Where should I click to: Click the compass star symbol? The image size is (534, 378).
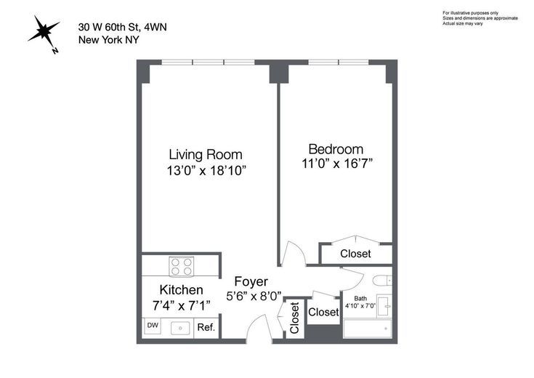[43, 32]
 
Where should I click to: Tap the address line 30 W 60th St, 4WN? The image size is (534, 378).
[123, 28]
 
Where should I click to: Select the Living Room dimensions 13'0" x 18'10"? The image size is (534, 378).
[206, 170]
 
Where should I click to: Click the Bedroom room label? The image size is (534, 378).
[336, 149]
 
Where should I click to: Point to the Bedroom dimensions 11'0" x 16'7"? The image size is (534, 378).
[337, 164]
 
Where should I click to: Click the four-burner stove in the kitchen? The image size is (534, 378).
[182, 266]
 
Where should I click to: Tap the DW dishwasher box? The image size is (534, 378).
[153, 326]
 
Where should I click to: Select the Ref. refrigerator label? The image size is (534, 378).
[206, 327]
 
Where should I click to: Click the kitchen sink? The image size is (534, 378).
[180, 329]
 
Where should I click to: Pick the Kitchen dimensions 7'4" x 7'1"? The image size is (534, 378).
[181, 305]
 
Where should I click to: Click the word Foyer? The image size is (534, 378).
[251, 281]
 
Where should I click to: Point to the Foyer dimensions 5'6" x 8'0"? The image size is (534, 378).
[254, 296]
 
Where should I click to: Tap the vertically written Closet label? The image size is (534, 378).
[294, 318]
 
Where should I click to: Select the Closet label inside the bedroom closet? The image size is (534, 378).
[355, 254]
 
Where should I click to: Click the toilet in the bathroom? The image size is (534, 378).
[381, 281]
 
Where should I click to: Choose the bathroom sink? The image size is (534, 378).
[385, 306]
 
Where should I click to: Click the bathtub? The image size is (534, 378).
[368, 329]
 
